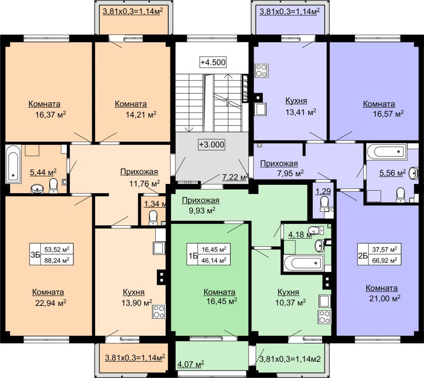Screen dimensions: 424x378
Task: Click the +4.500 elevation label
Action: [x=213, y=62]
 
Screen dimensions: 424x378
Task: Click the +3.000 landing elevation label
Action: [x=212, y=145]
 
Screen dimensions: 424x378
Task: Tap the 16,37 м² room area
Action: [x=50, y=114]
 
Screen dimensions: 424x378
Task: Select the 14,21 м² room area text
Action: [x=141, y=114]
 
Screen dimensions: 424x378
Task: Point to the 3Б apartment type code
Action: [x=36, y=255]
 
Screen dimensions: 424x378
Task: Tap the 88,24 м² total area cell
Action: [x=57, y=260]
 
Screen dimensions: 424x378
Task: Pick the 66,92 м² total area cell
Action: [x=385, y=261]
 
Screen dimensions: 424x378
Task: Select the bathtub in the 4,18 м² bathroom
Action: [x=304, y=263]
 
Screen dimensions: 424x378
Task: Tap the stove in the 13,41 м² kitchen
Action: [x=262, y=70]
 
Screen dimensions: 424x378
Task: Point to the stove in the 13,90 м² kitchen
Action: [x=159, y=311]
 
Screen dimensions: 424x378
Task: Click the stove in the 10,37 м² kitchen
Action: [x=324, y=317]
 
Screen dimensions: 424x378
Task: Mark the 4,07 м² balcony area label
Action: [x=190, y=364]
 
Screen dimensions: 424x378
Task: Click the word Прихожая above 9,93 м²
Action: [x=201, y=200]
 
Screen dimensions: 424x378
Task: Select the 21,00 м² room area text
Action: [x=385, y=298]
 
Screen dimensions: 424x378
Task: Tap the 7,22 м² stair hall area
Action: [x=235, y=177]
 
